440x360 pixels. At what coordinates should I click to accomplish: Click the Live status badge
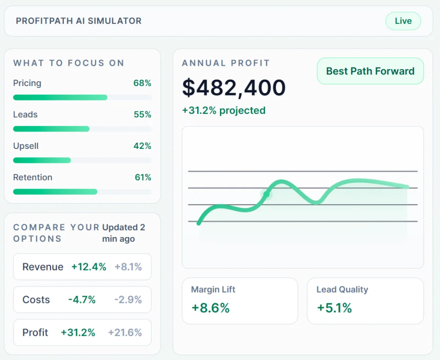point(403,21)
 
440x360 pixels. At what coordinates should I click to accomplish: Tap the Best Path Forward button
point(370,71)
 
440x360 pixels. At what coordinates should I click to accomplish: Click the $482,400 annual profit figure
point(234,88)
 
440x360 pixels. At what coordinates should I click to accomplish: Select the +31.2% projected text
point(224,110)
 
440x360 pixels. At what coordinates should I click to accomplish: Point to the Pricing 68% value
point(142,83)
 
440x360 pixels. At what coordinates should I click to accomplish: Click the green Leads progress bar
point(51,129)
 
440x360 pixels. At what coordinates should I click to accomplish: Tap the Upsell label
point(26,146)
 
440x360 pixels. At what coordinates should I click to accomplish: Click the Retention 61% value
point(143,177)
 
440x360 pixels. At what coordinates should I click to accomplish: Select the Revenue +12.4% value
point(89,267)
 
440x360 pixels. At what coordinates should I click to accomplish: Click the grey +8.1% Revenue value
point(128,267)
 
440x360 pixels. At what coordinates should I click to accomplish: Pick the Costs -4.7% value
point(82,300)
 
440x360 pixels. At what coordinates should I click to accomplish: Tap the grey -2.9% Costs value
point(128,300)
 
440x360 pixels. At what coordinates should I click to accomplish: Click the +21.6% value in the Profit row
point(125,333)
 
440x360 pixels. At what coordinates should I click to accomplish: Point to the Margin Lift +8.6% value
point(210,308)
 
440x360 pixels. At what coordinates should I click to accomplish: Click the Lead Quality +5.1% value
point(334,308)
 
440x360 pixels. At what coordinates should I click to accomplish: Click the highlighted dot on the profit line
point(266,194)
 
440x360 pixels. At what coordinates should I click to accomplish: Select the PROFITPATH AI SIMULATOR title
point(79,21)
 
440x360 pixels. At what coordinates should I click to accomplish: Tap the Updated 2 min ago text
point(124,233)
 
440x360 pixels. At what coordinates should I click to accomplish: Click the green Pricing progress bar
point(60,98)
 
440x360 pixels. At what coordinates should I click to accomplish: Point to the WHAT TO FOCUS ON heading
point(69,63)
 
